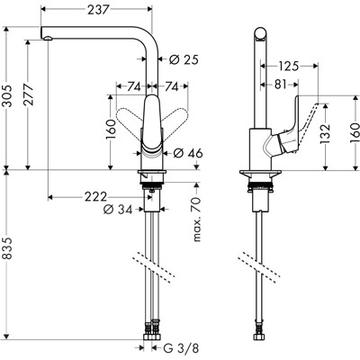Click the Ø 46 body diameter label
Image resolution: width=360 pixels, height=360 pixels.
click(185, 154)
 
